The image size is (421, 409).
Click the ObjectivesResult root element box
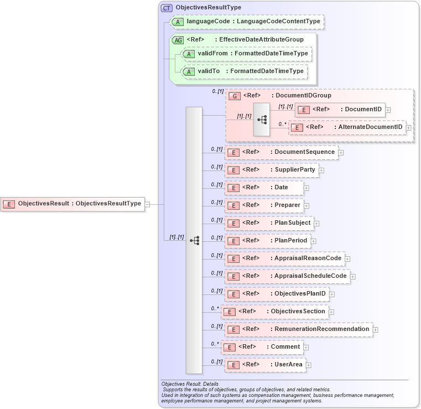(72, 204)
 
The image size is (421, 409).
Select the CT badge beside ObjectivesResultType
(167, 8)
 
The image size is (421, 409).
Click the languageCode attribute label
(253, 22)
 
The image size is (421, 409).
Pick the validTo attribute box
(245, 71)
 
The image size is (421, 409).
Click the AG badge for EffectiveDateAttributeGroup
(178, 40)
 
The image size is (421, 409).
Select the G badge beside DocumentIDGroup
(235, 96)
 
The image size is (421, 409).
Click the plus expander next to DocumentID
(388, 110)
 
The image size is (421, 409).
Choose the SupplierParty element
(271, 170)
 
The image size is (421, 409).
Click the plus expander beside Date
(306, 188)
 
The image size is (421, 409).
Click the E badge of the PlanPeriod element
(233, 241)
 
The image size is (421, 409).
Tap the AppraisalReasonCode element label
(308, 258)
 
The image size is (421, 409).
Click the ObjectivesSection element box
(274, 312)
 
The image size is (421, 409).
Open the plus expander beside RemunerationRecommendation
(375, 330)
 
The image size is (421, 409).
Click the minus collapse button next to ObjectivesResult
(148, 204)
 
